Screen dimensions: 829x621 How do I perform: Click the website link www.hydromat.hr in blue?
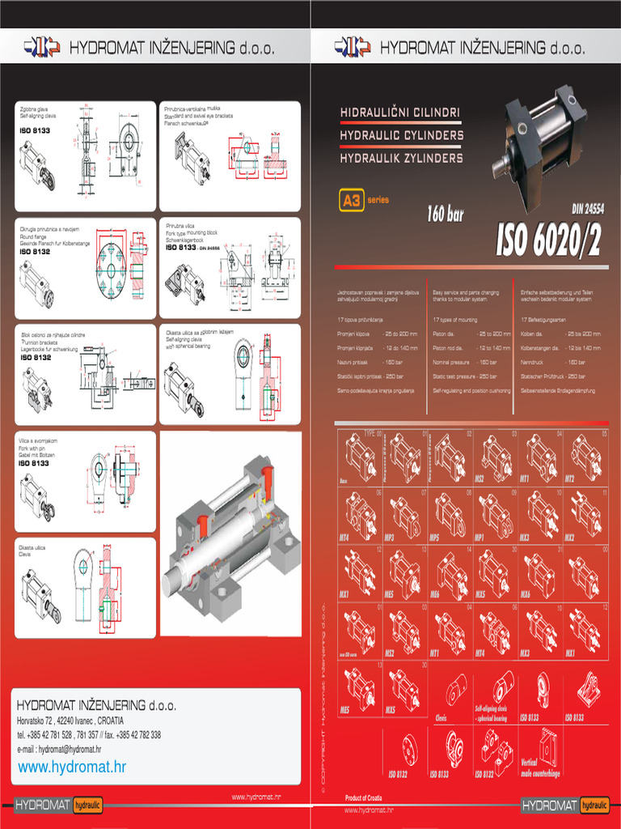[72, 767]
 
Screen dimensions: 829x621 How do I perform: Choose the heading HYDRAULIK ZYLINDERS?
[401, 157]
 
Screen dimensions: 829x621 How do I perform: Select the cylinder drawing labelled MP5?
[450, 514]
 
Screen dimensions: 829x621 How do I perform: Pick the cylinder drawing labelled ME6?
[450, 572]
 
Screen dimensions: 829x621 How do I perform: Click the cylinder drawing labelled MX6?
[539, 572]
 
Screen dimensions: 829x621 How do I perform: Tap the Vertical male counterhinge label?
[540, 767]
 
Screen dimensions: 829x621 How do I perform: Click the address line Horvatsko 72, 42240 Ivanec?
[71, 721]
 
